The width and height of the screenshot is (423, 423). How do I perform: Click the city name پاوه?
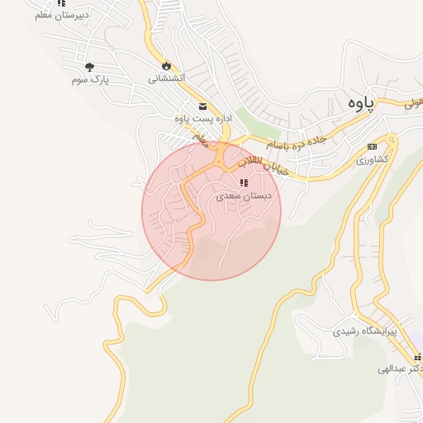[360, 103]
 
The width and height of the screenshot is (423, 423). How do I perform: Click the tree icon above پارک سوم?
[90, 66]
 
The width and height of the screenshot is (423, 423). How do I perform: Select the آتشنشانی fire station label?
[166, 78]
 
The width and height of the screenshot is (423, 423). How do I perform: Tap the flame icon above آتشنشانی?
[166, 65]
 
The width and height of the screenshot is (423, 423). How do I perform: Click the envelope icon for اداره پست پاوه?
[203, 106]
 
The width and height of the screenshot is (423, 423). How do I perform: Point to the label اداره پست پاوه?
[203, 119]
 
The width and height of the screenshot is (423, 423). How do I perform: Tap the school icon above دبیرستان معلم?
[61, 3]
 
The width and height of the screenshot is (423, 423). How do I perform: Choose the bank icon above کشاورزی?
[372, 146]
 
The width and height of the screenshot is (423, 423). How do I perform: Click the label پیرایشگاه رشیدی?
[365, 331]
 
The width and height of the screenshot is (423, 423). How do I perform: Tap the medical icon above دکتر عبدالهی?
[418, 356]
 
